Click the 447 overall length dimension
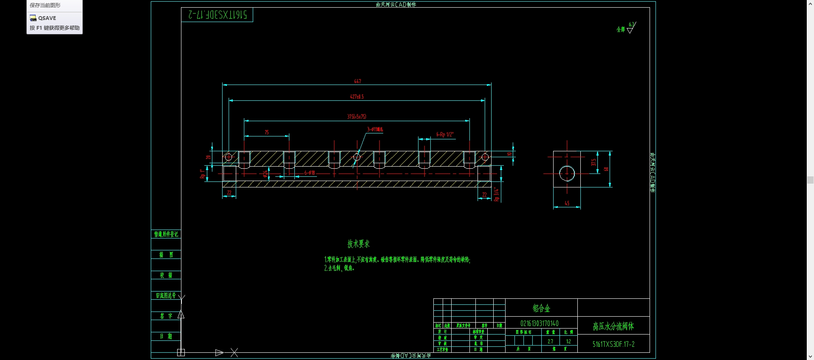[357, 81]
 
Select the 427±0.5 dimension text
[357, 97]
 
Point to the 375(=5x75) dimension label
[356, 116]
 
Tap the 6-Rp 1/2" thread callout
[445, 135]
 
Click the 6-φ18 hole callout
[309, 173]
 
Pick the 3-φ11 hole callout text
[375, 129]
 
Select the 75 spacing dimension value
[267, 133]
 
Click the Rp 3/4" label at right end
[496, 194]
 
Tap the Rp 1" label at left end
[202, 174]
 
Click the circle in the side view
[567, 173]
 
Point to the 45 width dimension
[567, 204]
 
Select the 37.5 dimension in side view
[594, 162]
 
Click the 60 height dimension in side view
[606, 169]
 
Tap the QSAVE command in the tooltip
[47, 18]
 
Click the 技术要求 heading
[359, 244]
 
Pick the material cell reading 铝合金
[541, 308]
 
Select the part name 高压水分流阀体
[613, 326]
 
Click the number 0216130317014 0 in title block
[540, 323]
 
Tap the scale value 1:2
[568, 341]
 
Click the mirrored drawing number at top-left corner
[217, 15]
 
